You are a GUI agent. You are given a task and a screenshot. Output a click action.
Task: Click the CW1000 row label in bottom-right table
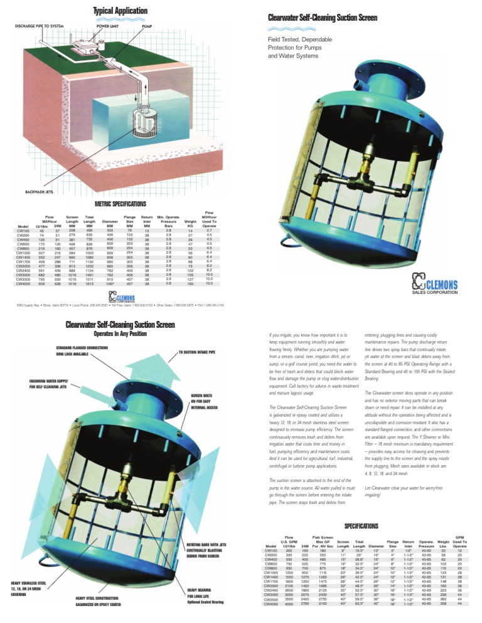tap(272, 573)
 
